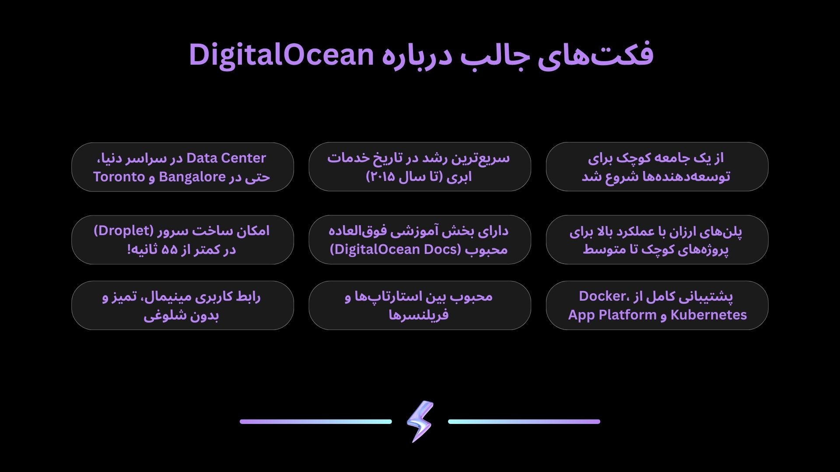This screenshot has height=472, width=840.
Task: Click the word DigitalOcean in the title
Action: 281,55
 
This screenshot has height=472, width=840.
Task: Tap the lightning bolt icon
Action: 420,421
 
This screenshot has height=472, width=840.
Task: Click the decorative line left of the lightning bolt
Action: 316,422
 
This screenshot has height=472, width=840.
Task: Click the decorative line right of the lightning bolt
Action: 524,422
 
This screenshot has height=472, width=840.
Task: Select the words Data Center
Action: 226,158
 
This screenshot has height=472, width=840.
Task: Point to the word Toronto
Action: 119,177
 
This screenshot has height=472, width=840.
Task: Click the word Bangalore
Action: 192,177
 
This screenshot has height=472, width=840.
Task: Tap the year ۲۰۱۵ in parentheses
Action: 382,177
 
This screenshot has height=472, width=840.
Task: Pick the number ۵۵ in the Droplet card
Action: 169,250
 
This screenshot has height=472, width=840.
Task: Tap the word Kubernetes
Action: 709,315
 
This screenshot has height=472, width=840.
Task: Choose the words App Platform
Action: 612,315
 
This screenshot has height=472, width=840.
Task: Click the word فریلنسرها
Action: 419,315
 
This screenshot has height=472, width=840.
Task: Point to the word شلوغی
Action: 160,316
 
